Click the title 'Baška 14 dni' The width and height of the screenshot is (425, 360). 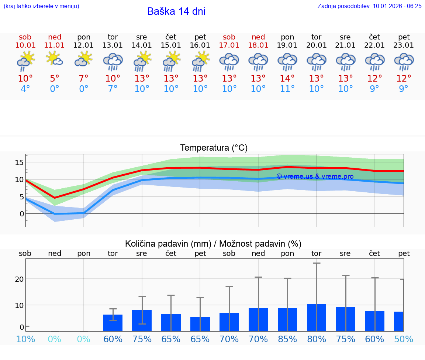pyautogui.click(x=176, y=11)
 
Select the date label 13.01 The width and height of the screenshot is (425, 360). pyautogui.click(x=113, y=45)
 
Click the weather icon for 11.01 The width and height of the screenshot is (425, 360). pyautogui.click(x=54, y=59)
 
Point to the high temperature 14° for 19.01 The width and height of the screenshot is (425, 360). pyautogui.click(x=287, y=79)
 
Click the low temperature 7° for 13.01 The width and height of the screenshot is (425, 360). pyautogui.click(x=113, y=89)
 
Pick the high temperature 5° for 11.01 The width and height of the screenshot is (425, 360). pyautogui.click(x=54, y=79)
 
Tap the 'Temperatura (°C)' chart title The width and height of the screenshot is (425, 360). pyautogui.click(x=214, y=148)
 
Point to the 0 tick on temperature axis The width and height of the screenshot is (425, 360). pyautogui.click(x=22, y=214)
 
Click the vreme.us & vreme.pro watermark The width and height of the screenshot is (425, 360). pyautogui.click(x=315, y=176)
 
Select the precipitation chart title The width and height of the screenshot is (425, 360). pyautogui.click(x=213, y=244)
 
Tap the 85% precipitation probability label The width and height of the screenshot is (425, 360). pyautogui.click(x=287, y=339)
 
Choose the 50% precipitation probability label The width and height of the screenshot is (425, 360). pyautogui.click(x=403, y=339)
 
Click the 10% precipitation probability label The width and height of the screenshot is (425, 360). pyautogui.click(x=25, y=339)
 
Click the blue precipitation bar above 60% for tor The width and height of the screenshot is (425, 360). pyautogui.click(x=113, y=323)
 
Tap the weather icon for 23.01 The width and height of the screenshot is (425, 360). pyautogui.click(x=404, y=61)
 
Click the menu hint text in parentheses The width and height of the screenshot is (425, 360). pyautogui.click(x=41, y=6)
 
